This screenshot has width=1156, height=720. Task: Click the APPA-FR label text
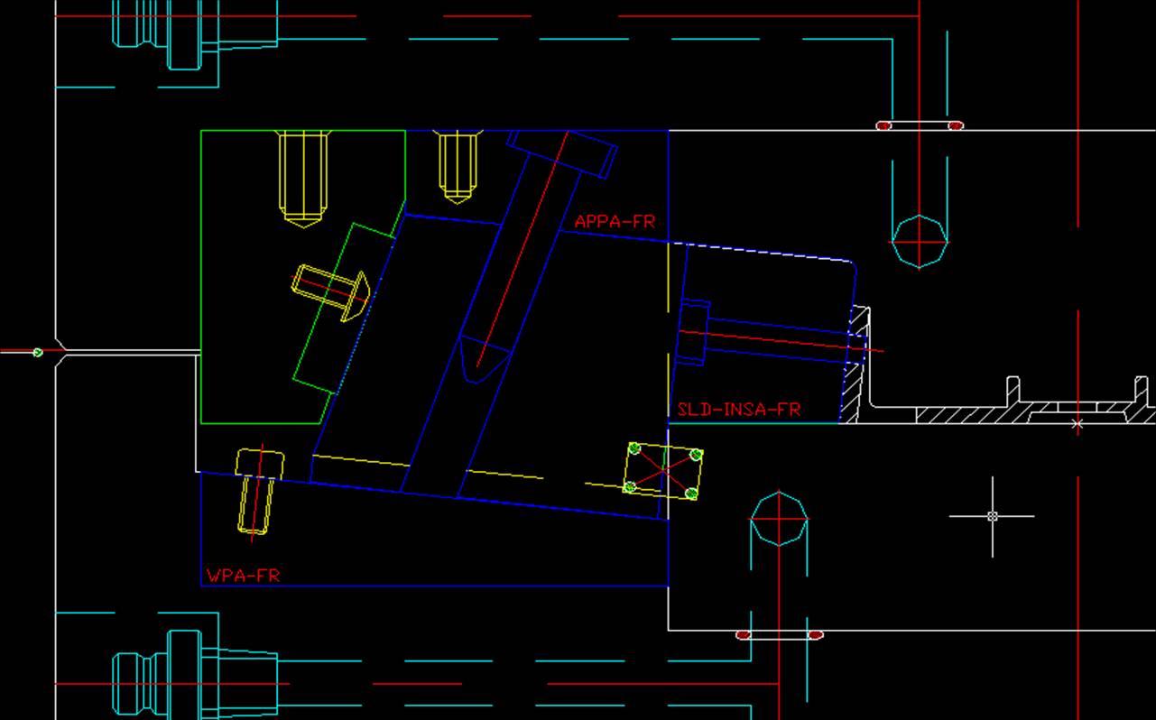point(615,221)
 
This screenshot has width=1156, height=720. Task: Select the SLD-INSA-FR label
point(739,410)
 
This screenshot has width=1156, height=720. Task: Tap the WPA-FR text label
point(243,576)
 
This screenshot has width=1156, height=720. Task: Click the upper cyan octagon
point(920,242)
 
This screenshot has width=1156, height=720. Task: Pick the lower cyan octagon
point(779,518)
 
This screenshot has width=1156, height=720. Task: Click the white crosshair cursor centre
point(992,516)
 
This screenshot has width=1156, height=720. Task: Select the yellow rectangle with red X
point(663,471)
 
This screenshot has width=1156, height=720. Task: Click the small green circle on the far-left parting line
point(37,353)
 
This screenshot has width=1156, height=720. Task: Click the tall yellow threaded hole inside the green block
point(303,179)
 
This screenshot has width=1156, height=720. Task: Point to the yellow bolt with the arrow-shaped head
point(331,292)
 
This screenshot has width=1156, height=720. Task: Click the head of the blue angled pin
point(562,153)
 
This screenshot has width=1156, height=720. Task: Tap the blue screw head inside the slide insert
point(693,333)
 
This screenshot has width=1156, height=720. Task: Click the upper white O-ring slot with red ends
point(920,125)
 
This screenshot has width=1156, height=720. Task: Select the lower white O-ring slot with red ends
point(780,635)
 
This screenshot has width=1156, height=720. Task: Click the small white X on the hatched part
point(1077,424)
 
